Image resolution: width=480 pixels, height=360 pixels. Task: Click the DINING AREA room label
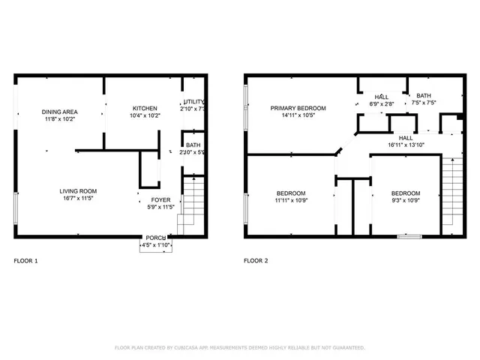[59, 112]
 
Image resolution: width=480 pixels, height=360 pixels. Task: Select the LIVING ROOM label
[78, 191]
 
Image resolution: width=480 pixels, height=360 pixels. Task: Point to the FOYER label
[161, 200]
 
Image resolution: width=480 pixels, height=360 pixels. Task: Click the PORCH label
[156, 237]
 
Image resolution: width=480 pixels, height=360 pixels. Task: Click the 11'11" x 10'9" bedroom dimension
[289, 201]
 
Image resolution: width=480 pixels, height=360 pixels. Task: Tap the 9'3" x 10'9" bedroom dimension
[406, 201]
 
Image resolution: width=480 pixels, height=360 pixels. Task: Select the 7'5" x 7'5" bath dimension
[424, 103]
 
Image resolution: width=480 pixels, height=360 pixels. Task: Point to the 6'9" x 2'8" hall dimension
[382, 104]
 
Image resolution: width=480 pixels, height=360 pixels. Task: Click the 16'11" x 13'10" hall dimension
[406, 145]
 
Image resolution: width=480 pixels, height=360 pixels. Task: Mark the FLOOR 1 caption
[25, 261]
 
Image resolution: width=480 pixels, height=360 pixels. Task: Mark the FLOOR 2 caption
[256, 261]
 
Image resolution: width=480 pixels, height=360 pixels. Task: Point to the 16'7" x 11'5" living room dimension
[78, 199]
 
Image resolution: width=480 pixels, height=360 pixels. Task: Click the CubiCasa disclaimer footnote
[239, 347]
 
